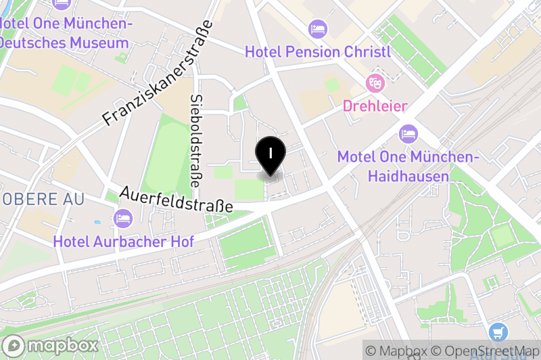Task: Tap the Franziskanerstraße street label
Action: (x=158, y=74)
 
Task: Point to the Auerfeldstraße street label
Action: (x=177, y=200)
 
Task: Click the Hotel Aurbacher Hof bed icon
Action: (x=123, y=218)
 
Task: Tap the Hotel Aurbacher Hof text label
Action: (x=123, y=241)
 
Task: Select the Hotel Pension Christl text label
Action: (x=318, y=52)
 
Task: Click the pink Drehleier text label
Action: (x=375, y=106)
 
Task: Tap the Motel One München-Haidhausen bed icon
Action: (x=408, y=133)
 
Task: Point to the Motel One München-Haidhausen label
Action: (x=408, y=166)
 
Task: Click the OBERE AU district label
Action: (x=42, y=200)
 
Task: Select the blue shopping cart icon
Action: (x=498, y=332)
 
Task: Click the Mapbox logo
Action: (x=51, y=345)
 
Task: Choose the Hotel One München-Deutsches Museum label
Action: (x=64, y=33)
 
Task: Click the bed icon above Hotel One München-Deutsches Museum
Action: (x=63, y=3)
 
